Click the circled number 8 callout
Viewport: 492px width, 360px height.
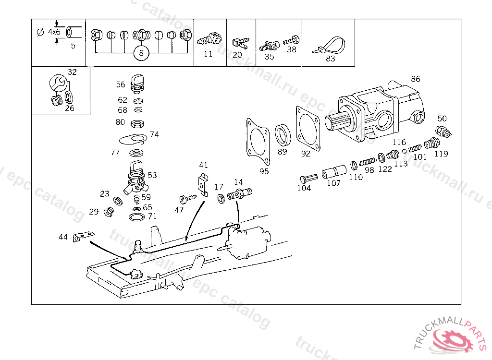point(141,53)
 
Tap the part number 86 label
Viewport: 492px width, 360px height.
point(415,79)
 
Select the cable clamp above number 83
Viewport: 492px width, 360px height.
point(331,46)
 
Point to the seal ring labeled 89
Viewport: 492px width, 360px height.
point(283,135)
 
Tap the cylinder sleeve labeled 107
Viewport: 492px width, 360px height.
point(334,171)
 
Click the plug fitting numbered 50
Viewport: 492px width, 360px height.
point(442,131)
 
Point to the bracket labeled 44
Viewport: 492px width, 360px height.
point(82,237)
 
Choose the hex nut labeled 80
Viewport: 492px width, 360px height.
point(136,123)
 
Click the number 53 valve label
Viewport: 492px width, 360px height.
point(152,175)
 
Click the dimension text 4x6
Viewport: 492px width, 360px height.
point(54,32)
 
